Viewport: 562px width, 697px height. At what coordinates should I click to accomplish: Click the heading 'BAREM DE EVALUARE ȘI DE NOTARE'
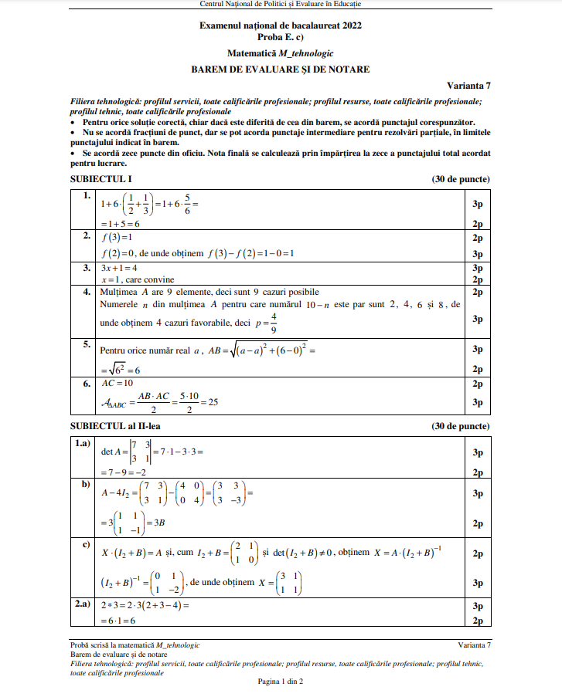[281, 69]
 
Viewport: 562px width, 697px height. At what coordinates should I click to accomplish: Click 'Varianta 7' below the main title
[468, 86]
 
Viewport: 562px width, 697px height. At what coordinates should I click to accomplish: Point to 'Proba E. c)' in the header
[281, 37]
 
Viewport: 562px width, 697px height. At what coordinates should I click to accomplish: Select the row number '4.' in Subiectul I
[87, 293]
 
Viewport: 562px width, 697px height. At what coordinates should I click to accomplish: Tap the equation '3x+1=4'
[119, 268]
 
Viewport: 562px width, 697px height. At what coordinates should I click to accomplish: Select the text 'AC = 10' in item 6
[118, 383]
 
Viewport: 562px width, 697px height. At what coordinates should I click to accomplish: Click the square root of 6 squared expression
[121, 370]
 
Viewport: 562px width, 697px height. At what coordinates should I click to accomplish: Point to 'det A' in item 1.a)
[114, 452]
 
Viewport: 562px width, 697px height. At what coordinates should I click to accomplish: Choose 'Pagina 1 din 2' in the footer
[281, 681]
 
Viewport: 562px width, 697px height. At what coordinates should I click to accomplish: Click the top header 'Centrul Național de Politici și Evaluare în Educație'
[281, 5]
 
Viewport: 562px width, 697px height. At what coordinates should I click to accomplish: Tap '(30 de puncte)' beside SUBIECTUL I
[461, 179]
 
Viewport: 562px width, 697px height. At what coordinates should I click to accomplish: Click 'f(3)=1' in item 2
[118, 239]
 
